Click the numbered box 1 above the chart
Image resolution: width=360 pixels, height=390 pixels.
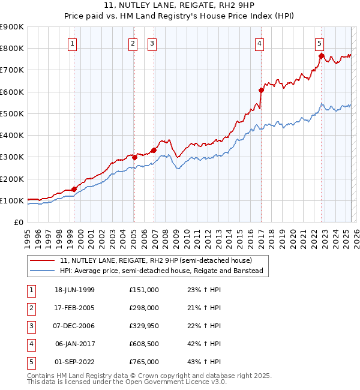pos(72,43)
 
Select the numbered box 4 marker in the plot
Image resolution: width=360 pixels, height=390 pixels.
pos(259,43)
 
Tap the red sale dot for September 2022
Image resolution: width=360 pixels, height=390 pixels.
pos(321,56)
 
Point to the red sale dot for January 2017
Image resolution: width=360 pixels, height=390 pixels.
pos(261,90)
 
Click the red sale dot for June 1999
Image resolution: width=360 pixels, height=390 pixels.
pos(74,189)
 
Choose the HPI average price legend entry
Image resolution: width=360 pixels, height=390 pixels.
pos(161,271)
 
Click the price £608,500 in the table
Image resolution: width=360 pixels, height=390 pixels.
pos(143,344)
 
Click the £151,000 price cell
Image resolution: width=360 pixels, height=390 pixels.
pos(143,290)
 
